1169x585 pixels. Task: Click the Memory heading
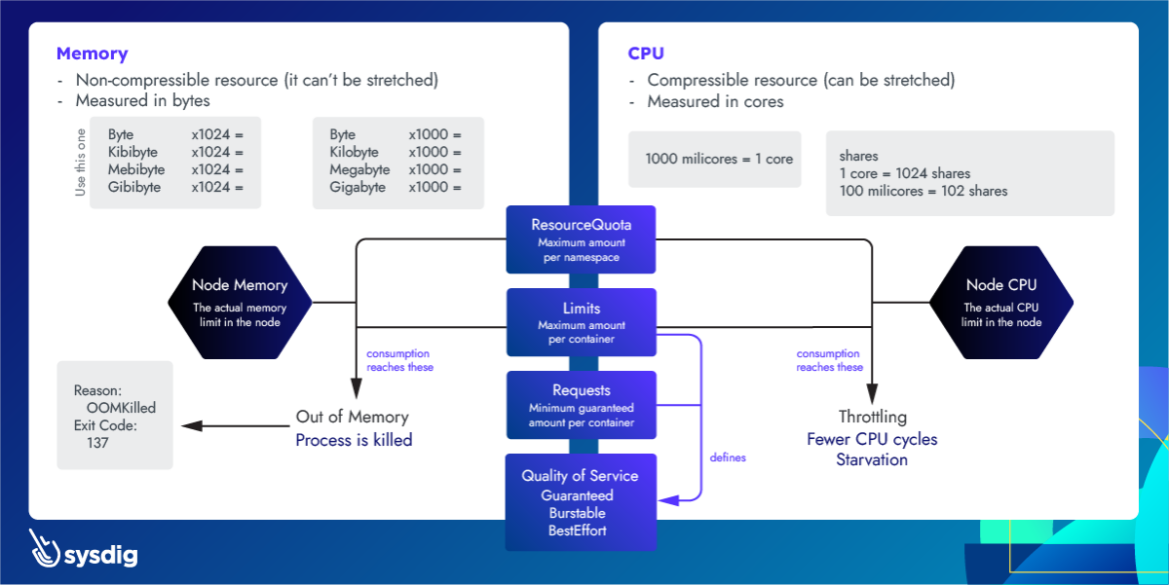click(x=92, y=54)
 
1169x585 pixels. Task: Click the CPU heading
click(x=645, y=54)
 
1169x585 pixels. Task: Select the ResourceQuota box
click(x=581, y=239)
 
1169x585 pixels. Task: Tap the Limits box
click(x=581, y=322)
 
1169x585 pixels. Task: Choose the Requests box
click(x=581, y=405)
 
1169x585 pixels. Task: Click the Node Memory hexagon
click(x=239, y=300)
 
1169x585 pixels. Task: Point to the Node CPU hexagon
click(x=1001, y=300)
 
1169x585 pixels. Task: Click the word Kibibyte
click(x=134, y=152)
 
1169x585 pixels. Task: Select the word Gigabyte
click(x=357, y=187)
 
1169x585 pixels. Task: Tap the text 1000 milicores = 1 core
click(x=719, y=159)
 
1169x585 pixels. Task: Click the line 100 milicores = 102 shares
click(x=923, y=191)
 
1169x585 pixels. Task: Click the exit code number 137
click(x=97, y=442)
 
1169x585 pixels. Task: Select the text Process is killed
click(x=354, y=440)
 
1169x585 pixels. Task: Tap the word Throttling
click(x=872, y=417)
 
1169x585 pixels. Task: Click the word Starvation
click(x=872, y=460)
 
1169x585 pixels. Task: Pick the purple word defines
click(x=727, y=458)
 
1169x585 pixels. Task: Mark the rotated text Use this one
click(x=81, y=162)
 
